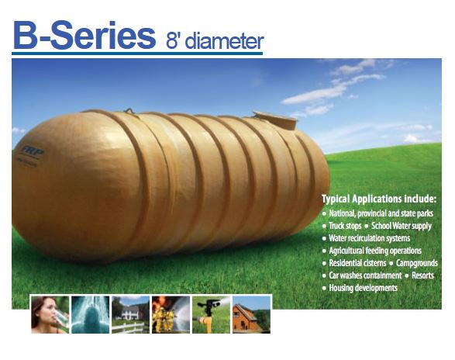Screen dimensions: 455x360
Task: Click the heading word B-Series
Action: tap(84, 35)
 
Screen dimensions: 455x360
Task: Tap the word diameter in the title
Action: tap(224, 41)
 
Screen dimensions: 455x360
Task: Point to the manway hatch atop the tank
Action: tap(275, 119)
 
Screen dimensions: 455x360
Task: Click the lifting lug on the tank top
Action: tap(129, 111)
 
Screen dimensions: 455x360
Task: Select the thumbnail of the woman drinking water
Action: tap(50, 314)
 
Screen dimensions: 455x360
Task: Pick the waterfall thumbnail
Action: tap(91, 314)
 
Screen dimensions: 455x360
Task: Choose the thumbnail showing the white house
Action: tap(130, 314)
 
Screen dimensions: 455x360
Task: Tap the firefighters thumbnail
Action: tap(171, 314)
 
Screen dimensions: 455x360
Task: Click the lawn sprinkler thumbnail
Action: tap(212, 314)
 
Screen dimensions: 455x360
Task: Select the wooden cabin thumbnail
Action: tap(252, 314)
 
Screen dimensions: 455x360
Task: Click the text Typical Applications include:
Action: tap(379, 199)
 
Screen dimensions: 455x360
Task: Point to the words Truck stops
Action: tap(345, 226)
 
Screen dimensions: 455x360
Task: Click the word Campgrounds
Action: tap(417, 263)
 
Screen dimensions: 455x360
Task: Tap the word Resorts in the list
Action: tap(422, 275)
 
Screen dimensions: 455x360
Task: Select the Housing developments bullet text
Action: tap(363, 288)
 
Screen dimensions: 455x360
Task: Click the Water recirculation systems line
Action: tap(370, 238)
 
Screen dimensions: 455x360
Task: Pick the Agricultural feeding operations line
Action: tap(375, 251)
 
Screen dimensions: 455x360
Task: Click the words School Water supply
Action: tap(402, 226)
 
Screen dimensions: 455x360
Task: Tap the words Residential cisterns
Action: tap(357, 263)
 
